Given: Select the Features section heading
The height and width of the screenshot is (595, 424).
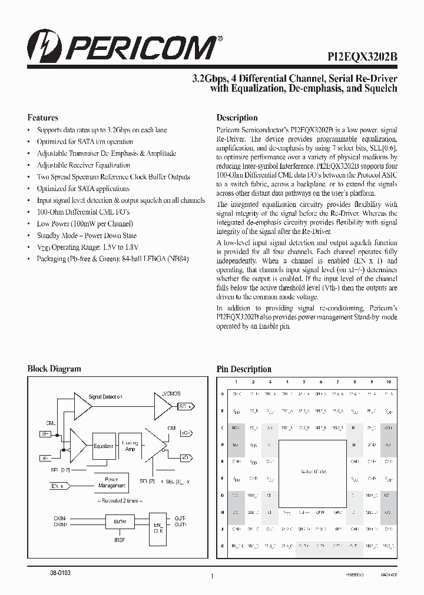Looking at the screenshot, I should (42, 118).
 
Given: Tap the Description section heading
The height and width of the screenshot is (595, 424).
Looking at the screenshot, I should (237, 118).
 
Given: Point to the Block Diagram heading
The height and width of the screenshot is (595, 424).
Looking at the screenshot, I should (54, 369).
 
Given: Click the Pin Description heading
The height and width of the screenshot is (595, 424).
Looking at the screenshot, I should (244, 369).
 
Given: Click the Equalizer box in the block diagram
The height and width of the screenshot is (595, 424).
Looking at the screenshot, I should (104, 446).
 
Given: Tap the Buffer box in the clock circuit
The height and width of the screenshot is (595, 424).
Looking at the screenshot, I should (115, 521).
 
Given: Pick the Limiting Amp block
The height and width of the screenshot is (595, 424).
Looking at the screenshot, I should (130, 446).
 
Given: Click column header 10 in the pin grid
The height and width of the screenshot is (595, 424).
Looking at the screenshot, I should (388, 382).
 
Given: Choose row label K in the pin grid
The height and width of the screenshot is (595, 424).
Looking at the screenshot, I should (222, 546).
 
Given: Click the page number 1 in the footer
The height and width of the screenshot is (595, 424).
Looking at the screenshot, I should (211, 577).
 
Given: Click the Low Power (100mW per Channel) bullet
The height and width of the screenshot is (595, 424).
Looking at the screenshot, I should (85, 223).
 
